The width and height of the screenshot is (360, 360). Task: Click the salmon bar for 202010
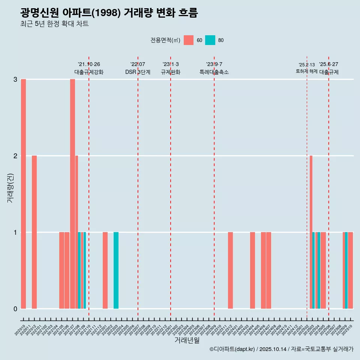[23, 194]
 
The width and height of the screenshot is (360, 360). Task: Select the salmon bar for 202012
[34, 232]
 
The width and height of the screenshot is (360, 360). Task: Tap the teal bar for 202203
[116, 270]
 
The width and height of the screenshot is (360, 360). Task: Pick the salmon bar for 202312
[230, 270]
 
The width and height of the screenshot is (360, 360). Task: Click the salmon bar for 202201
[105, 270]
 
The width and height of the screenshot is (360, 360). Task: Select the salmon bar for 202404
[252, 270]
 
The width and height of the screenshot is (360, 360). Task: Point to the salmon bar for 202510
[350, 270]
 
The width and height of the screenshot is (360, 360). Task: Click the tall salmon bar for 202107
[72, 194]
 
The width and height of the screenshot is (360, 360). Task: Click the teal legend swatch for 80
[210, 40]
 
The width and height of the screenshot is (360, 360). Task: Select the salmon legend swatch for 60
[189, 40]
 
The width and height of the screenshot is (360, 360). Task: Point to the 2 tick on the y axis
[15, 156]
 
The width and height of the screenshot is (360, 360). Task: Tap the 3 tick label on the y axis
[15, 79]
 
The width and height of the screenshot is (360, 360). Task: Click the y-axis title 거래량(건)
[10, 188]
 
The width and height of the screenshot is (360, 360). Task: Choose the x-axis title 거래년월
[187, 340]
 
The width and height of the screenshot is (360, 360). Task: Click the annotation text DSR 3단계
[138, 72]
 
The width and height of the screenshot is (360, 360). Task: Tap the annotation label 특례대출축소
[214, 72]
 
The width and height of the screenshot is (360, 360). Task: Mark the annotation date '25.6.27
[328, 64]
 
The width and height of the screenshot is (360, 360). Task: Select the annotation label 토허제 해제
[306, 71]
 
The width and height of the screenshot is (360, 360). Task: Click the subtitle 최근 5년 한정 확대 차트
[54, 24]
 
